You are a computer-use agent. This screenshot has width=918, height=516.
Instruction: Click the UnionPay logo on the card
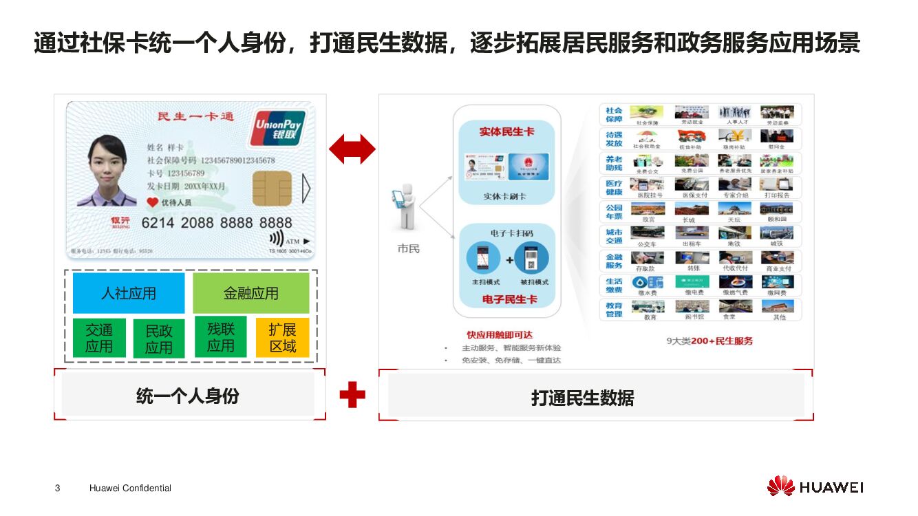[x=277, y=128]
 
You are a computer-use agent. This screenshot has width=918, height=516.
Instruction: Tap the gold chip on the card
[x=271, y=189]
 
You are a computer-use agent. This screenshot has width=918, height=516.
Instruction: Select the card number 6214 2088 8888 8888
[x=217, y=223]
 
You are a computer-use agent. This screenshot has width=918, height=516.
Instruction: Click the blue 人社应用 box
[x=129, y=293]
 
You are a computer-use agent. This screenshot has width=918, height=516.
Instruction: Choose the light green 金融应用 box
[x=251, y=293]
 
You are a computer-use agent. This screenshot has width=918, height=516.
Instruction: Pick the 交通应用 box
[x=99, y=338]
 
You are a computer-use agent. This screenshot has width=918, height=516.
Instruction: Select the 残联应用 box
[x=221, y=337]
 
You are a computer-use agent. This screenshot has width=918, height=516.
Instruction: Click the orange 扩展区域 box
[x=282, y=338]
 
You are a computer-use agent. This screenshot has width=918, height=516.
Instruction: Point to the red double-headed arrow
[x=352, y=149]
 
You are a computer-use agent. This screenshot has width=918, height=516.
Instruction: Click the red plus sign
[x=352, y=395]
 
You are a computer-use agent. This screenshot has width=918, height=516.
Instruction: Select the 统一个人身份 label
[x=188, y=396]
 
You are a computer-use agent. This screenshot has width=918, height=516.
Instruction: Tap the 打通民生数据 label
[x=582, y=398]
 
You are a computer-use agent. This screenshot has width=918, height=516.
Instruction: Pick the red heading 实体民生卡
[x=506, y=131]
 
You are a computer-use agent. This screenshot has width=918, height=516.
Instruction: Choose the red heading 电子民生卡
[x=509, y=299]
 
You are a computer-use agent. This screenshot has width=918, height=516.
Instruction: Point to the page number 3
[x=57, y=488]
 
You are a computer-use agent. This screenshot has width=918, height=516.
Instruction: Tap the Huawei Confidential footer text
[x=130, y=488]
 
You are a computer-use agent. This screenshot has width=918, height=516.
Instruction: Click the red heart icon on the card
[x=152, y=202]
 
